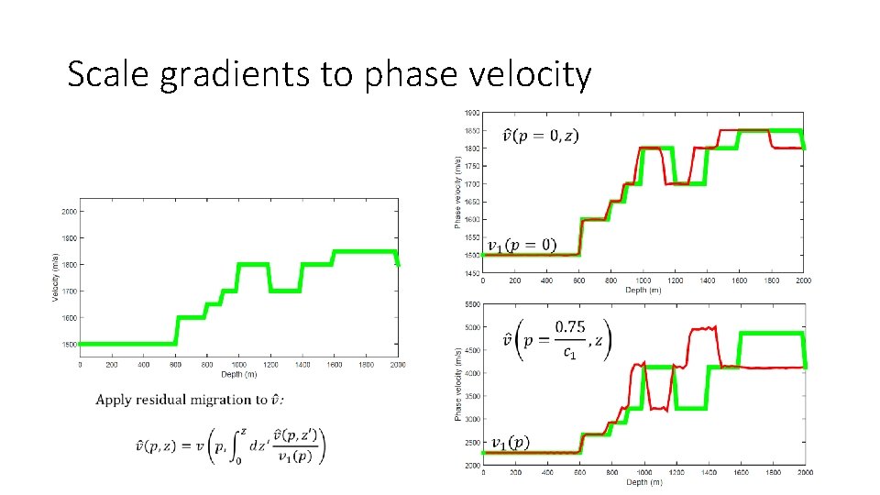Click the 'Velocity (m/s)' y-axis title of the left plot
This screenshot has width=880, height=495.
click(x=55, y=276)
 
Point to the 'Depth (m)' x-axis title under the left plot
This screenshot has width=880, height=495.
click(x=239, y=373)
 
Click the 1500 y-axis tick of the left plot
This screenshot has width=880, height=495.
click(x=70, y=345)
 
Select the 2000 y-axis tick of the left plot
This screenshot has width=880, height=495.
click(x=70, y=211)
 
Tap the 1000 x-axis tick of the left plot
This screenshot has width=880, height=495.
click(x=239, y=364)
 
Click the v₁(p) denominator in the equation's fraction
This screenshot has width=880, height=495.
click(x=301, y=457)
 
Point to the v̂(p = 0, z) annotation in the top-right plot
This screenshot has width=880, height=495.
click(x=541, y=137)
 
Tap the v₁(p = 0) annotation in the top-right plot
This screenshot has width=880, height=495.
click(x=521, y=245)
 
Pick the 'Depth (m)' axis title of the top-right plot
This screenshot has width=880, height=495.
click(x=643, y=291)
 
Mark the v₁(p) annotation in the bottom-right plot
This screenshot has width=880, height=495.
click(x=510, y=444)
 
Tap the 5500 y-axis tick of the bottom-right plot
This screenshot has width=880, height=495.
click(x=471, y=303)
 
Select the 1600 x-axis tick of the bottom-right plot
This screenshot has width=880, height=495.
click(x=740, y=473)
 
